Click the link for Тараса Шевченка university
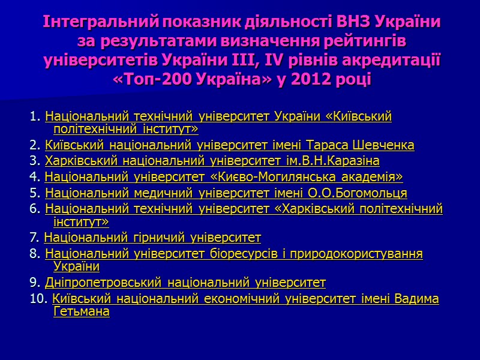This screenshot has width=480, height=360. [x=229, y=146]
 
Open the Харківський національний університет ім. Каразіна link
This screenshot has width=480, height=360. [x=212, y=161]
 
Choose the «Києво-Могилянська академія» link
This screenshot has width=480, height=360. [x=224, y=177]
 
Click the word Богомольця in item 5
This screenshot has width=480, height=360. [x=374, y=193]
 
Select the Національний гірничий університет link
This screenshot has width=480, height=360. [x=152, y=238]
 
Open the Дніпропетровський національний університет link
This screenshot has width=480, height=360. [x=185, y=283]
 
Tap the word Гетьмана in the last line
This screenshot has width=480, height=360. [x=82, y=312]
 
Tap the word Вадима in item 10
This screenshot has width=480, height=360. [x=417, y=299]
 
